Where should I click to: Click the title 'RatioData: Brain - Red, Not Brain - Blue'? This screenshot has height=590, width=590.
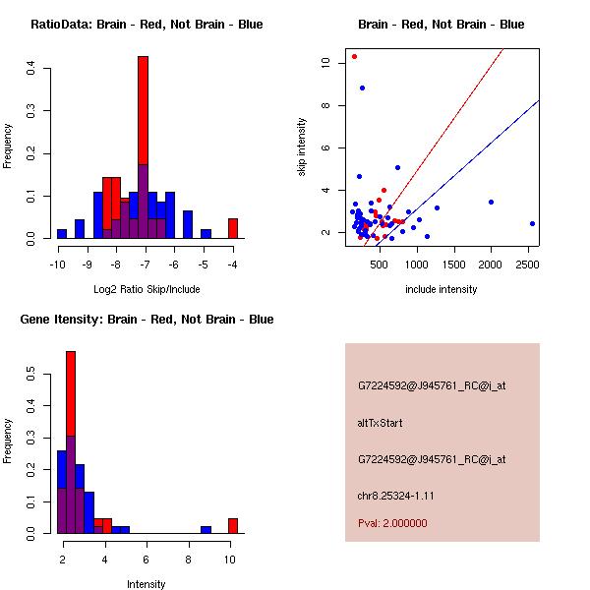[147, 25]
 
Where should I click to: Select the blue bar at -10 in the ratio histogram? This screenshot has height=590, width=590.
[62, 234]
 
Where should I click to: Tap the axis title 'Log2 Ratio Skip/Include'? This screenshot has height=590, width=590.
[147, 289]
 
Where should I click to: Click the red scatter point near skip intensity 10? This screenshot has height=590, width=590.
[354, 56]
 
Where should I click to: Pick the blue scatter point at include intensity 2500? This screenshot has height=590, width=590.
[532, 223]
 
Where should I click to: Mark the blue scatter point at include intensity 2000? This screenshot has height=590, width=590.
[491, 202]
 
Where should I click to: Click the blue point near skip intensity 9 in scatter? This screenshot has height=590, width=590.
[362, 88]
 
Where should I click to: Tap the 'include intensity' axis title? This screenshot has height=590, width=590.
[442, 289]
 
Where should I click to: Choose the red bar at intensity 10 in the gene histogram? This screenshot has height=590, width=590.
[233, 526]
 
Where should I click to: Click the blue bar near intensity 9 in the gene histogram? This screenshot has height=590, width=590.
[206, 529]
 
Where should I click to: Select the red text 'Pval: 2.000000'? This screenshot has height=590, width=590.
[391, 523]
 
